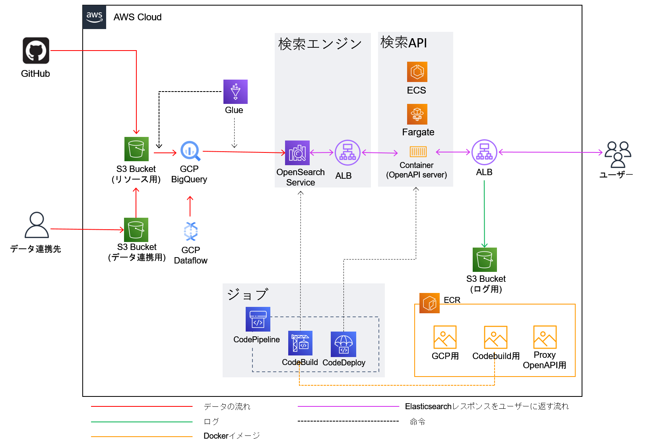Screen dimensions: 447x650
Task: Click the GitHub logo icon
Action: (x=36, y=51)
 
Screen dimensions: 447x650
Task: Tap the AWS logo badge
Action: (x=95, y=17)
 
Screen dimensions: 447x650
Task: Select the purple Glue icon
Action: (x=235, y=92)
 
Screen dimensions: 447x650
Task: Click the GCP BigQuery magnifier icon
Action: (x=190, y=151)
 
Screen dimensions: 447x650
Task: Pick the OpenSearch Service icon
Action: (x=297, y=153)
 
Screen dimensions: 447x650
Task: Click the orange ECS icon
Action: (x=417, y=72)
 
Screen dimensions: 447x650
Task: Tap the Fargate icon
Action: (x=417, y=114)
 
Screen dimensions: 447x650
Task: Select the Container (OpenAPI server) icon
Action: (x=418, y=152)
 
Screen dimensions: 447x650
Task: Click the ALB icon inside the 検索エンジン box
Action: (x=347, y=152)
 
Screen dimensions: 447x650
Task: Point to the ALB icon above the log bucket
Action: (x=484, y=152)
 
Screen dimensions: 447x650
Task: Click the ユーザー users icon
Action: (x=618, y=154)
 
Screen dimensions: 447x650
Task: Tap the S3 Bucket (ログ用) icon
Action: (x=485, y=260)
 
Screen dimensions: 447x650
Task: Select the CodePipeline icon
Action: (x=258, y=319)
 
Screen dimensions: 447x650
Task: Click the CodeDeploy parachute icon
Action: (x=343, y=344)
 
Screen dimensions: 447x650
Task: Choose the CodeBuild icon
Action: (x=300, y=343)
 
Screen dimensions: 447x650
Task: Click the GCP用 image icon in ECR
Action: (x=445, y=337)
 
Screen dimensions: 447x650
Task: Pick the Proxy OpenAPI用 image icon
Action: (x=545, y=337)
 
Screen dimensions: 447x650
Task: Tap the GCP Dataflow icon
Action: (x=191, y=232)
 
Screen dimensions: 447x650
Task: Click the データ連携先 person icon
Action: (x=37, y=225)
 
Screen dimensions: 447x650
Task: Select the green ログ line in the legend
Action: (x=142, y=422)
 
